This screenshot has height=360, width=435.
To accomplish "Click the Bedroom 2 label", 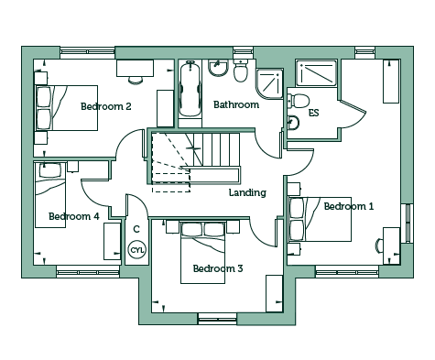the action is pyautogui.click(x=106, y=106).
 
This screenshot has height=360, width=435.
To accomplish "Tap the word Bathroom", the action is pyautogui.click(x=236, y=104).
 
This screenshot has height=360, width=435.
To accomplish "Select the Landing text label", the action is pyautogui.click(x=247, y=192).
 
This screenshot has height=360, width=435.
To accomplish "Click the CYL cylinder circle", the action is pyautogui.click(x=137, y=250).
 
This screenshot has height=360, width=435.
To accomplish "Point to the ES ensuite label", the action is pyautogui.click(x=314, y=113).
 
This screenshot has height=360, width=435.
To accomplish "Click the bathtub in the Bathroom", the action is pyautogui.click(x=190, y=88).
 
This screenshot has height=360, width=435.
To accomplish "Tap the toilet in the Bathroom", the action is pyautogui.click(x=241, y=71).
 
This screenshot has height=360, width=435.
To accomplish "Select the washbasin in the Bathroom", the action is pyautogui.click(x=218, y=68).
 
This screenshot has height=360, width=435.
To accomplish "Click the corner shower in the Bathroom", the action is pyautogui.click(x=269, y=83).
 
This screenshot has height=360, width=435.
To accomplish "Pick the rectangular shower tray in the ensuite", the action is pyautogui.click(x=316, y=73).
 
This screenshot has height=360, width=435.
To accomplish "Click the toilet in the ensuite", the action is pyautogui.click(x=299, y=101).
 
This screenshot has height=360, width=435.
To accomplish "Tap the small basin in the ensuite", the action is pyautogui.click(x=293, y=123).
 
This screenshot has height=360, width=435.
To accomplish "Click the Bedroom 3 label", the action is pyautogui.click(x=218, y=268).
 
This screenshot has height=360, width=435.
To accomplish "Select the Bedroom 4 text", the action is pyautogui.click(x=74, y=216).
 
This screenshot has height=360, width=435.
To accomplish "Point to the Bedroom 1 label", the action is pyautogui.click(x=349, y=206).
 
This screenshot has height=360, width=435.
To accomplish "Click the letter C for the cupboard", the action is pyautogui.click(x=136, y=229).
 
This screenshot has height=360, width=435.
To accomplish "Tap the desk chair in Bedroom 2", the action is pyautogui.click(x=136, y=80).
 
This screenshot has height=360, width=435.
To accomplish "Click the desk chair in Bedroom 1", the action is pyautogui.click(x=379, y=245).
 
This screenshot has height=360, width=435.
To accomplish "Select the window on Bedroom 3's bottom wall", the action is pyautogui.click(x=217, y=319).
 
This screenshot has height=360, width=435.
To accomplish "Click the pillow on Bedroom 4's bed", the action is pyautogui.click(x=50, y=170).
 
